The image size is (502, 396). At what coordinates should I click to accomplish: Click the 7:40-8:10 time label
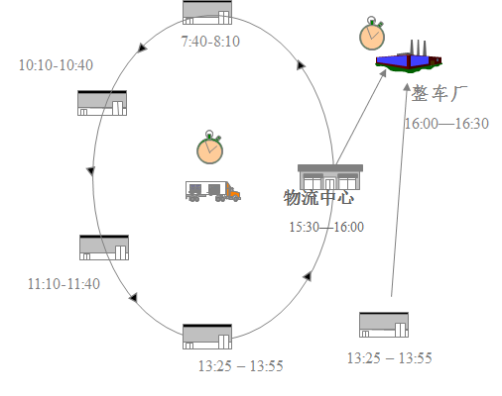coord(210,42)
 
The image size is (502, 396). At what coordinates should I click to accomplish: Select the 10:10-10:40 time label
coord(56,65)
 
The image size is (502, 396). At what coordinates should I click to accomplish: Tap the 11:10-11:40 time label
coord(63,284)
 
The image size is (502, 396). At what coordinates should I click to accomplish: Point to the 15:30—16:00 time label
coord(326,227)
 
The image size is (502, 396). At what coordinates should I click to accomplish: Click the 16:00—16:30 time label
coord(446,124)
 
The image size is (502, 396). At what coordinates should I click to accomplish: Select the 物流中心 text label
coord(318,198)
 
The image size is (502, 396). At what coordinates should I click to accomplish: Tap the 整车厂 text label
coord(439,93)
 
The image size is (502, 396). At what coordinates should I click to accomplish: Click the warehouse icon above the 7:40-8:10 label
coord(207,13)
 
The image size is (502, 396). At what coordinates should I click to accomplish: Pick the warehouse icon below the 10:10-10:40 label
coord(102,103)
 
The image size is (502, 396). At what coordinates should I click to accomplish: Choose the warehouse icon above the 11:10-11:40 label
coord(104,247)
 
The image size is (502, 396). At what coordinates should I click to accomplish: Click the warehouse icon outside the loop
coord(384,325)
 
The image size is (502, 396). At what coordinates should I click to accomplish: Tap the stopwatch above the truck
coord(209,148)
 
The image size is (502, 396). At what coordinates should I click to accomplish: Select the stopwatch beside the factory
coord(372,33)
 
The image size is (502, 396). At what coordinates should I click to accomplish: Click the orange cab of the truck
coord(233,192)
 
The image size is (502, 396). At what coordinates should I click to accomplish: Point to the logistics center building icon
coord(330,177)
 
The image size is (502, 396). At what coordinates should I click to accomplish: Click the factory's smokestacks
coord(419,48)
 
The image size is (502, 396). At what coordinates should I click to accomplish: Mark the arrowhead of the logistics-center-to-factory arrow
coord(383,73)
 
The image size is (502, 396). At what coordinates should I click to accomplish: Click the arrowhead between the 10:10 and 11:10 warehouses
coord(90,171)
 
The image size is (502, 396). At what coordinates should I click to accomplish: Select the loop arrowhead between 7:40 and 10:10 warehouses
coord(143,48)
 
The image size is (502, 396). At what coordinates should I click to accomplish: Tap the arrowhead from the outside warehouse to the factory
coord(407,87)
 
